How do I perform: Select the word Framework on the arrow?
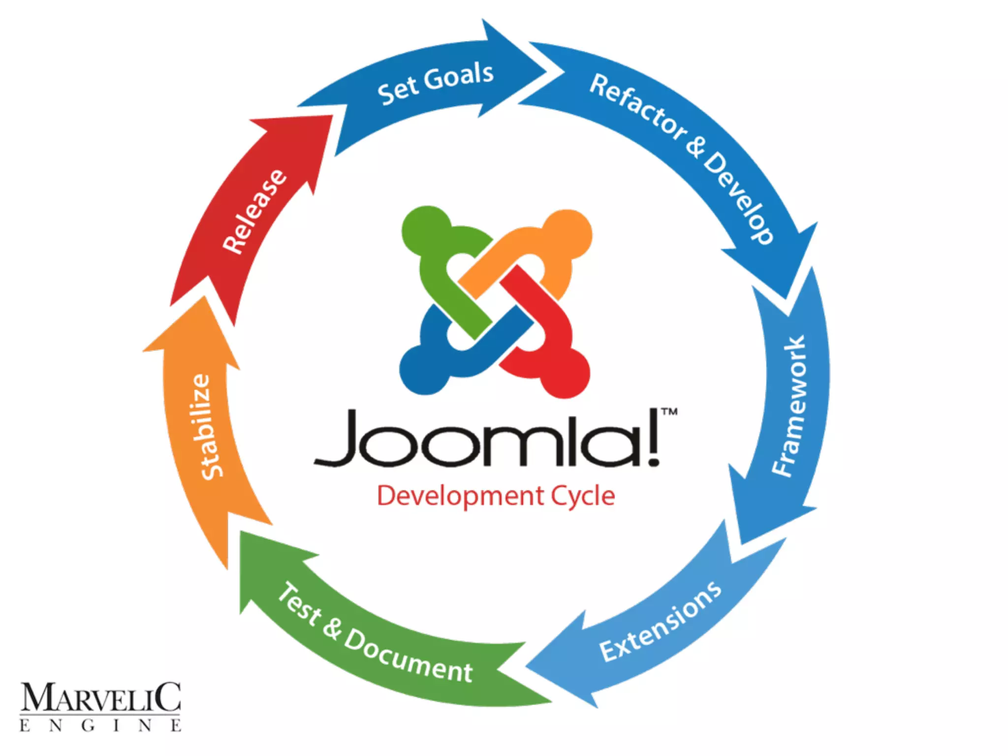[789, 406]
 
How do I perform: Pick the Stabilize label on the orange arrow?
[206, 426]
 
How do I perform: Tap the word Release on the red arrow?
[254, 211]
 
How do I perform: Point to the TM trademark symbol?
[669, 411]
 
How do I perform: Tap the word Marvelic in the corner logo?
[100, 697]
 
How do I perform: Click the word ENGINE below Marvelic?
[100, 725]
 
